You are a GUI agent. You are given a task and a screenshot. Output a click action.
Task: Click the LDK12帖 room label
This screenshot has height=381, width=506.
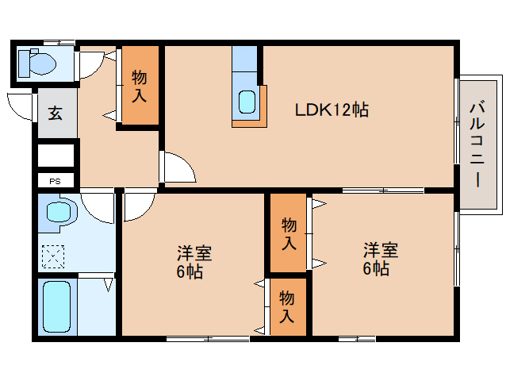point(332,110)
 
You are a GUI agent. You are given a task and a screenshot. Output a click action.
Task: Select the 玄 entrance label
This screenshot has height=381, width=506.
point(56,114)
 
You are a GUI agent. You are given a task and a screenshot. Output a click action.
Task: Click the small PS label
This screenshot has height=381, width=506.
point(55,181)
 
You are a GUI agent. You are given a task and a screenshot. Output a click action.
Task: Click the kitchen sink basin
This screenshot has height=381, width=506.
point(247,102)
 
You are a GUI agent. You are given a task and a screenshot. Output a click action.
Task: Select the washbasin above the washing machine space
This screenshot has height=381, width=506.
point(58,212)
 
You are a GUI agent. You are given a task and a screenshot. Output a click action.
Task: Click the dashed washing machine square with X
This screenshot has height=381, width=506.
point(55,256)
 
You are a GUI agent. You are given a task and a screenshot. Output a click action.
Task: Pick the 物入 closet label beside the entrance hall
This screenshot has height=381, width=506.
point(139,86)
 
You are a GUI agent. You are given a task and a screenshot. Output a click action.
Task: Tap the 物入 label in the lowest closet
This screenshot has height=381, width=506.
point(286,306)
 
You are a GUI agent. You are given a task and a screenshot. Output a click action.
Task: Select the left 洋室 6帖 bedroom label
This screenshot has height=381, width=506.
point(194,262)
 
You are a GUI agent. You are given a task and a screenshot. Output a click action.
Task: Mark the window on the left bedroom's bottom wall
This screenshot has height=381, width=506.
point(207,339)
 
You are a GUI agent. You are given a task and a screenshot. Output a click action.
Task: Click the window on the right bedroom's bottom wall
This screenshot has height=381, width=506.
point(356,339)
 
